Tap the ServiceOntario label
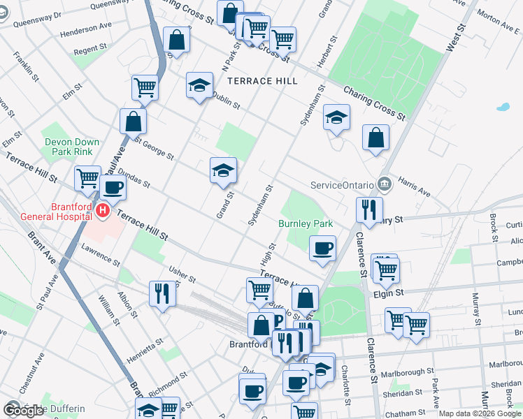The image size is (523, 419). [x=341, y=186]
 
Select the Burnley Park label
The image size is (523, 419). [x=305, y=224]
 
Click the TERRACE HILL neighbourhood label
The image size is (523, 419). [x=262, y=81]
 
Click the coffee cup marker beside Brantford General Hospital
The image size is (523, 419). [x=113, y=187]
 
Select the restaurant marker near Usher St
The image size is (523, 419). [x=162, y=293]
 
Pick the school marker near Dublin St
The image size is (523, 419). [x=199, y=86]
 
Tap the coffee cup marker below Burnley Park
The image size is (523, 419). [x=322, y=248]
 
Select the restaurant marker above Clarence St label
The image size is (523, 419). [x=368, y=209]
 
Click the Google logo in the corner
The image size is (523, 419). [x=23, y=410]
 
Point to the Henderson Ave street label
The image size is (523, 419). [x=86, y=33]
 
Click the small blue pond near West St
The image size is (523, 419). [x=502, y=108]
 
